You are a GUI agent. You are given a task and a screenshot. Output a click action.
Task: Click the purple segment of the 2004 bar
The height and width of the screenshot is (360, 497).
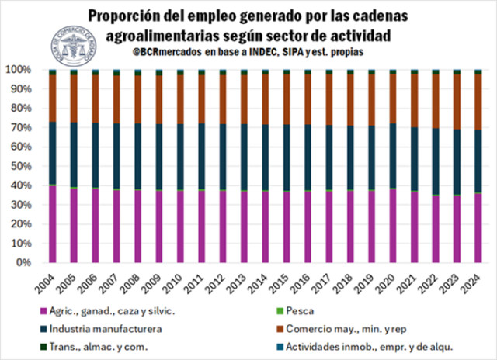53,224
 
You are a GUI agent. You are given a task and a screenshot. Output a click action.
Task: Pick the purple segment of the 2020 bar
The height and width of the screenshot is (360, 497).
394,226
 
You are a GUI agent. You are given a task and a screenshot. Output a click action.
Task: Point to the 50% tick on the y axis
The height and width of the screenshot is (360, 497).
30,166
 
